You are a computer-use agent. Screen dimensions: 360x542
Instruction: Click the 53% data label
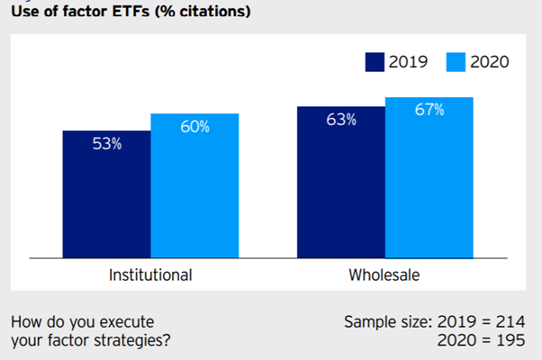[x=106, y=144]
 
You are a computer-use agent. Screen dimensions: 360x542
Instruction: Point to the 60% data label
[x=194, y=127]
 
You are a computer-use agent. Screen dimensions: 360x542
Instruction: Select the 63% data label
[x=340, y=120]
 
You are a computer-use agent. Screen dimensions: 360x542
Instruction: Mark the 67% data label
[x=429, y=110]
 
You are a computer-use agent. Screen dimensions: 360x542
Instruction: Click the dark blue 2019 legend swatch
[x=375, y=62]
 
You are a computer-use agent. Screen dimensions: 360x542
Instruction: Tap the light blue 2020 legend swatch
[x=453, y=62]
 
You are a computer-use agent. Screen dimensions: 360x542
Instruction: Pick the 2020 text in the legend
[x=489, y=62]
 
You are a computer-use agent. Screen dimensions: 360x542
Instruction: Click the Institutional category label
[x=150, y=274]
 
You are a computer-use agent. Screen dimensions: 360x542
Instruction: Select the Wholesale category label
[x=384, y=274]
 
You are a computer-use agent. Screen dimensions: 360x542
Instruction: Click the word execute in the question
[x=128, y=321]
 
